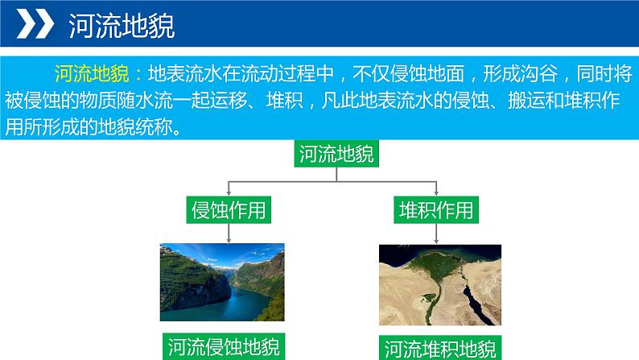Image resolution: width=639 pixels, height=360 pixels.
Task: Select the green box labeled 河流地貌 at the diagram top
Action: [x=336, y=154]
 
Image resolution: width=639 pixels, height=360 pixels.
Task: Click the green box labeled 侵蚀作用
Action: [x=229, y=210]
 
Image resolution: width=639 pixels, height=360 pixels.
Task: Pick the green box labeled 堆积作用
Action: [x=436, y=210]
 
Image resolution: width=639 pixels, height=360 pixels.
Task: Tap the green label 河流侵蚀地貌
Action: [x=224, y=346]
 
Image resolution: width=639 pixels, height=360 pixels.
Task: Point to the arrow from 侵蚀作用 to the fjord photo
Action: [x=229, y=233]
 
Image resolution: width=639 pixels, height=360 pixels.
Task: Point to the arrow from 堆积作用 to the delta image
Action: [x=436, y=233]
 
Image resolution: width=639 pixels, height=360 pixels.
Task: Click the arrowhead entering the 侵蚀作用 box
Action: [x=229, y=193]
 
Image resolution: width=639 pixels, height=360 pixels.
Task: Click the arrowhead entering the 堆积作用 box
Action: [x=436, y=193]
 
